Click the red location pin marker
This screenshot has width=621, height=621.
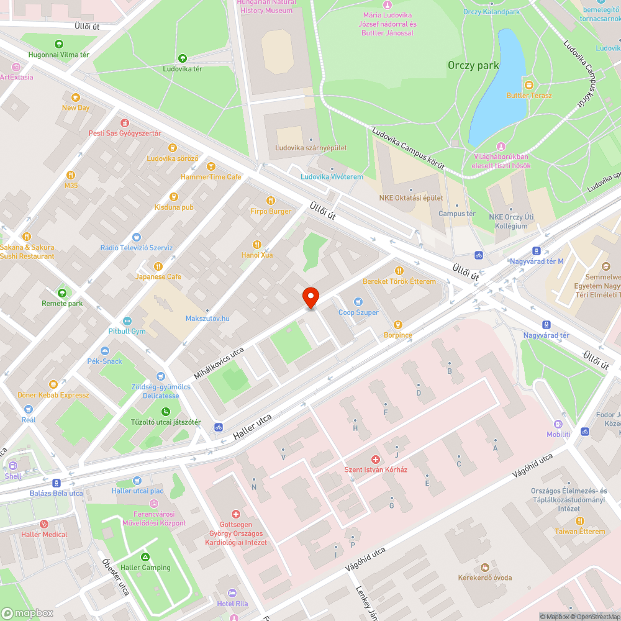pyautogui.click(x=310, y=297)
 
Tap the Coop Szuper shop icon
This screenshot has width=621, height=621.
pyautogui.click(x=358, y=302)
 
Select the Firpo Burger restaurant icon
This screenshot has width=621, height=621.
pyautogui.click(x=270, y=201)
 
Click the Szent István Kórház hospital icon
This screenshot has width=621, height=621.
pyautogui.click(x=376, y=459)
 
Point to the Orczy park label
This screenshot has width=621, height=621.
pyautogui.click(x=473, y=65)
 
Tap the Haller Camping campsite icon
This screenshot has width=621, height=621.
pyautogui.click(x=145, y=557)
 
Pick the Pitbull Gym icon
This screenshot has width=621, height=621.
pyautogui.click(x=127, y=320)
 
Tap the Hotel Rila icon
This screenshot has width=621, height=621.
pyautogui.click(x=232, y=593)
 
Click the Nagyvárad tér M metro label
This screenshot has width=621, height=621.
pyautogui.click(x=537, y=261)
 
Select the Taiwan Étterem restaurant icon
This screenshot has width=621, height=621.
pyautogui.click(x=579, y=521)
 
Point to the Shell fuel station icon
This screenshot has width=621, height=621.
pyautogui.click(x=12, y=466)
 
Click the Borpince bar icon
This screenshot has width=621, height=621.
pyautogui.click(x=397, y=324)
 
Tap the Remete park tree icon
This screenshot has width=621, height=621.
pyautogui.click(x=62, y=293)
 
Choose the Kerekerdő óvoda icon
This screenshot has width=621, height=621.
pyautogui.click(x=484, y=568)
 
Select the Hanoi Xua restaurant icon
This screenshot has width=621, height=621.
pyautogui.click(x=256, y=245)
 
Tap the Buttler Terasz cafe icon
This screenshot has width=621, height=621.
pyautogui.click(x=528, y=85)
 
